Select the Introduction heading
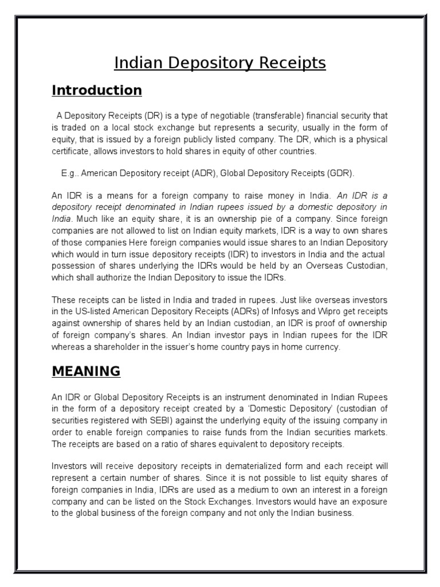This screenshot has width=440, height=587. coord(97,91)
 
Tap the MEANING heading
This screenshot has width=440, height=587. coord(86,371)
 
